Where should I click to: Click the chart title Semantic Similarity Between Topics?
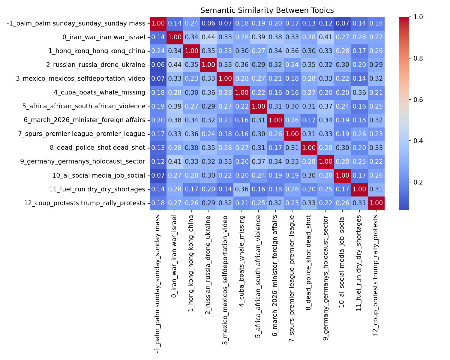(267, 10)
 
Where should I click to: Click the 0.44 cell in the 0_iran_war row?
(208, 37)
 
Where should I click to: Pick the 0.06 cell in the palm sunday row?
(208, 23)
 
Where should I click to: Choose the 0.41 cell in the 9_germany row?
(175, 162)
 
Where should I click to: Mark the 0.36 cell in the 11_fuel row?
(242, 189)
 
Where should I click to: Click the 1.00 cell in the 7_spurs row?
(292, 134)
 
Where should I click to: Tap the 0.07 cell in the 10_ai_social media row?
(158, 175)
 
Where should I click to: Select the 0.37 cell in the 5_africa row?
(326, 106)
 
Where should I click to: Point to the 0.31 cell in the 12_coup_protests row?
(359, 203)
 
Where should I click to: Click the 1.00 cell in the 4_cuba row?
(242, 93)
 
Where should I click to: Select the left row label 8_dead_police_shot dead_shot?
(97, 148)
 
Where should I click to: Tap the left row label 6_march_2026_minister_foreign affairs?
(85, 120)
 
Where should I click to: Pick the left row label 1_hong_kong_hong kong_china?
(97, 51)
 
